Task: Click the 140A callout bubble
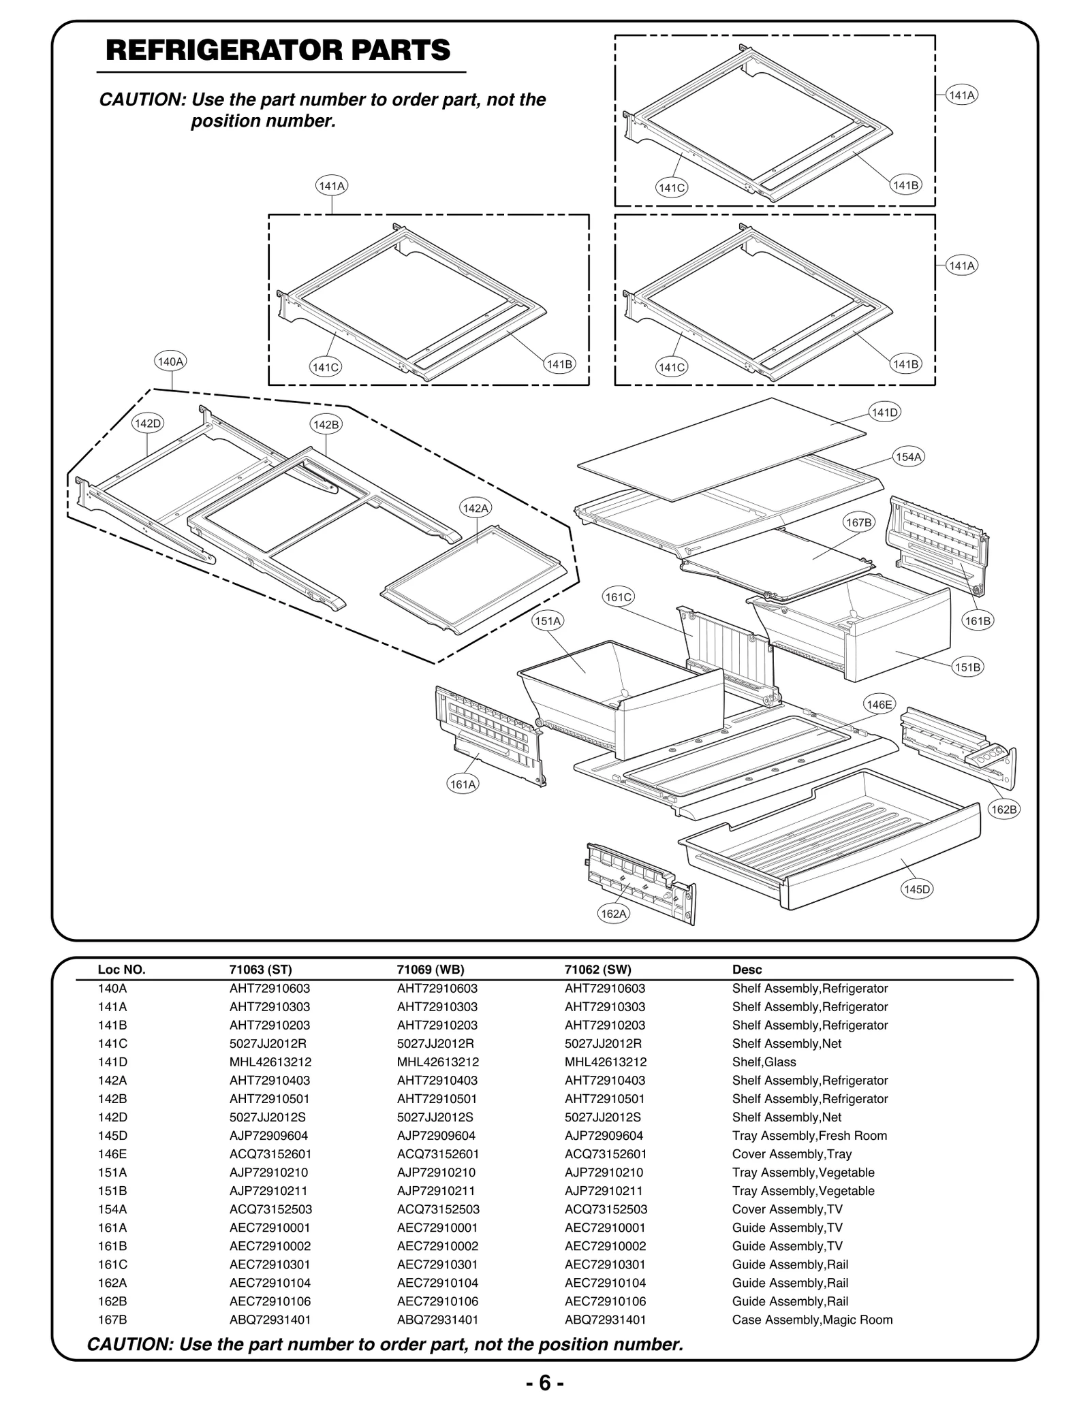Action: tap(170, 362)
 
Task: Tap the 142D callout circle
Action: tap(148, 423)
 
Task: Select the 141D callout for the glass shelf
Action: tap(885, 412)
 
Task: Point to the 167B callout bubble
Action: tap(858, 522)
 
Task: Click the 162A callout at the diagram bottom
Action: tap(613, 914)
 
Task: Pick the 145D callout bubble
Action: tap(916, 889)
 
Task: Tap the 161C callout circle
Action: tap(619, 597)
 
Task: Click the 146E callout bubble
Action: tap(879, 705)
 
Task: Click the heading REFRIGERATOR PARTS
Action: tap(278, 50)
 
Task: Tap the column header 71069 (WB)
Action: tap(431, 970)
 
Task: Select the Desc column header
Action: tap(747, 970)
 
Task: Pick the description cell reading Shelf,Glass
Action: tap(764, 1062)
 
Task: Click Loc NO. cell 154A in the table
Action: tap(112, 1209)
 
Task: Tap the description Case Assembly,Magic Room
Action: tap(812, 1320)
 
